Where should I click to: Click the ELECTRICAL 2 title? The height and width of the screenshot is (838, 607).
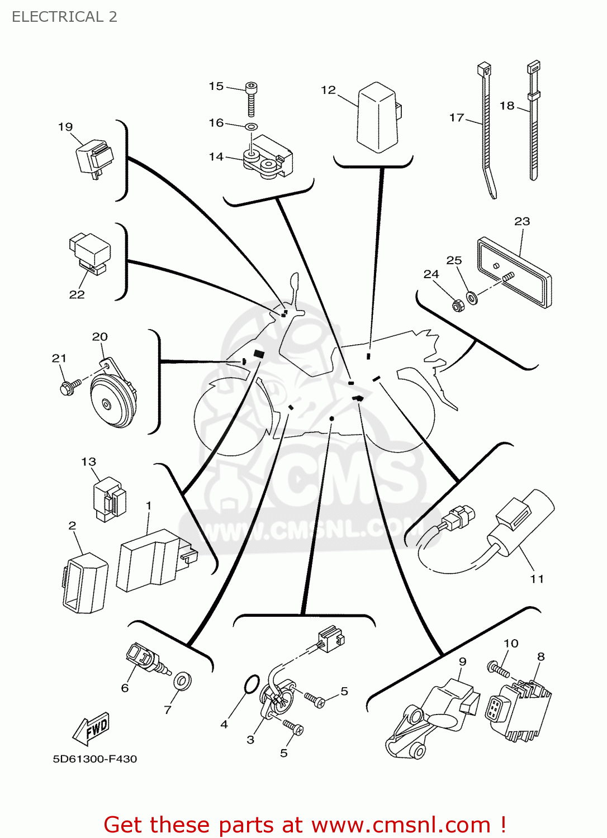click(64, 17)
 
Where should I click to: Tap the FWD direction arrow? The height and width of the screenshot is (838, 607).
click(92, 729)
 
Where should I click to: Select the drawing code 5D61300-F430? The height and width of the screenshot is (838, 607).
click(94, 759)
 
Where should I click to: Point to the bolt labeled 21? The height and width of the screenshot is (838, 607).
click(69, 387)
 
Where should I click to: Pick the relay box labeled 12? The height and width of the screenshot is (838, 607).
click(378, 117)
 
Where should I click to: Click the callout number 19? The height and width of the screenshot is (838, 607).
click(65, 127)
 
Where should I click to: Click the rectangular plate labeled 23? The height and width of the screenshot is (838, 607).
click(514, 272)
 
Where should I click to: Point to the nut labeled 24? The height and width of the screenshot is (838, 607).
click(457, 306)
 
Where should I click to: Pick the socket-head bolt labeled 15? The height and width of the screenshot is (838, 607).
click(252, 98)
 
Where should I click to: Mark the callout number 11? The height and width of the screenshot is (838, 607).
click(537, 579)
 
